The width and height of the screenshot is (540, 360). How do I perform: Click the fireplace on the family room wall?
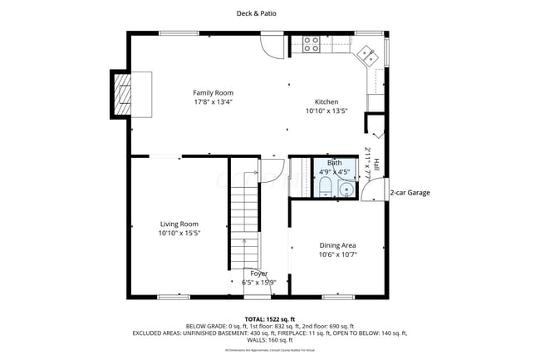click(122, 96)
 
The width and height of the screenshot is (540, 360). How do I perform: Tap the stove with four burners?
click(312, 44)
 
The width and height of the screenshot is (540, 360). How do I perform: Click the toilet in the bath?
click(326, 185)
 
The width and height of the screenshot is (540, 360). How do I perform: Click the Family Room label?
click(213, 92)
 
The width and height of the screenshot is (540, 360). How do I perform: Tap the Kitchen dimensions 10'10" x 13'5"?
click(325, 111)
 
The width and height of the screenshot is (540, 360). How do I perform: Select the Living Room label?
click(179, 224)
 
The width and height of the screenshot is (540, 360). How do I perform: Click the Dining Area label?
click(338, 245)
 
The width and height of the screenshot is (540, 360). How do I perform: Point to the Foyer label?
click(259, 273)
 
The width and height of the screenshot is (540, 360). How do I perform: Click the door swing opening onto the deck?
click(272, 45)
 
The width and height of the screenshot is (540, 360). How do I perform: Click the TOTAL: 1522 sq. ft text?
click(269, 318)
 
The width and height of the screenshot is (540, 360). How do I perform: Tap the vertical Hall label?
click(376, 165)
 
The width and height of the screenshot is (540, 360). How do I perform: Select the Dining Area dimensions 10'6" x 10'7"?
click(338, 254)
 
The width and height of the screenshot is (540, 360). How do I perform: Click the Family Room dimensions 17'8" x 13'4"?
click(213, 102)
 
